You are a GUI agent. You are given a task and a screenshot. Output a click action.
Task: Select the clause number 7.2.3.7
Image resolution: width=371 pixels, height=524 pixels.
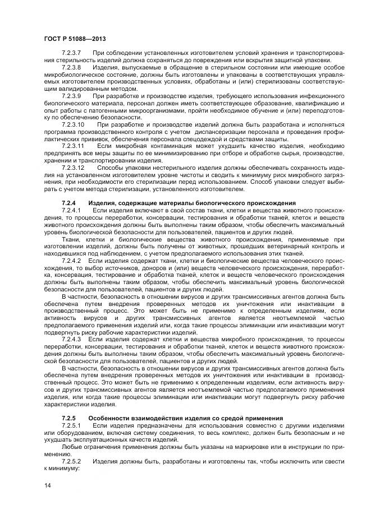pyautogui.click(x=71, y=53)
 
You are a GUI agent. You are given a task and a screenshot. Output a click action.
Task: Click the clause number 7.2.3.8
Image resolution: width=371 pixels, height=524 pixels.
pyautogui.click(x=71, y=67)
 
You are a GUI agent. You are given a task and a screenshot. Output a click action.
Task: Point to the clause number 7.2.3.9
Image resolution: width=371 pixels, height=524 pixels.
pyautogui.click(x=71, y=96)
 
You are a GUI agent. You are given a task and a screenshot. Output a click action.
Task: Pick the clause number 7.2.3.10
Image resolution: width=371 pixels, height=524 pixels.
pyautogui.click(x=73, y=125)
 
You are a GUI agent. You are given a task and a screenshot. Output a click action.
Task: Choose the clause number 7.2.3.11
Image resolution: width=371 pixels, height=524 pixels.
pyautogui.click(x=73, y=146)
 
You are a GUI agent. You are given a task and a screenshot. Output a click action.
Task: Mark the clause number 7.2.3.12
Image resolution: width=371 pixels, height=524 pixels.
pyautogui.click(x=73, y=168)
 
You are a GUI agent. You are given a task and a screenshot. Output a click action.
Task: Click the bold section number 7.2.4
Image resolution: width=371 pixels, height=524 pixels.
pyautogui.click(x=68, y=203)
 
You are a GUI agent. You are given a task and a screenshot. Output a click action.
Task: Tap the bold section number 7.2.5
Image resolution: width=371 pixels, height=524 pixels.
pyautogui.click(x=68, y=419)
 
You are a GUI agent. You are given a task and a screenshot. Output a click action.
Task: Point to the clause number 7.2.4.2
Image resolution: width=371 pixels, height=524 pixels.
pyautogui.click(x=71, y=261)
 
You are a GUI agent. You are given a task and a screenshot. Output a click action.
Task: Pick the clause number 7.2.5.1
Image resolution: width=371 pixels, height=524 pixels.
pyautogui.click(x=71, y=426)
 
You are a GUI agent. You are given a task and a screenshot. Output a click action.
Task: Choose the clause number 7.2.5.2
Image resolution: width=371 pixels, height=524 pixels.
pyautogui.click(x=71, y=461)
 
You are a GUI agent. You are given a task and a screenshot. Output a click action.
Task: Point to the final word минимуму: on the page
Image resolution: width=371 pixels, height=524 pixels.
pyautogui.click(x=63, y=469)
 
